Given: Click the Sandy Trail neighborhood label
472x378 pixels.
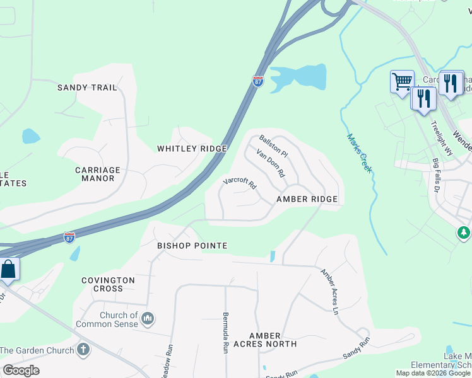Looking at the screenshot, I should point(87,88).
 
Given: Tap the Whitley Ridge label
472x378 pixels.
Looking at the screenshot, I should point(192,148).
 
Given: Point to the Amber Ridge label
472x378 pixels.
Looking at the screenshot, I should point(307,199).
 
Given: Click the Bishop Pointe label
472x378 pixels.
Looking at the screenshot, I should point(192,245).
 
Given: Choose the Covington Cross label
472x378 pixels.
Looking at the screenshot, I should point(108,284).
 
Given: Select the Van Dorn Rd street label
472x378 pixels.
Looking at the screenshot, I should point(271,162).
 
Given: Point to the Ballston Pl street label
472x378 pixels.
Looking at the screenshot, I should point(273,146).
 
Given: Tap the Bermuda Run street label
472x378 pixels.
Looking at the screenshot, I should point(225,332).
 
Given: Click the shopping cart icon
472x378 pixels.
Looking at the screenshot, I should point(402,81).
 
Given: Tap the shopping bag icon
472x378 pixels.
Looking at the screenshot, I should point(9,269).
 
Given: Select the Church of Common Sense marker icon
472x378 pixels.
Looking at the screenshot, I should point(148,318).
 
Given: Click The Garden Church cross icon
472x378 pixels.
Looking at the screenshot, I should point(83,349).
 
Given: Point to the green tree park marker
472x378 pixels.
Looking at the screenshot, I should point(464,233).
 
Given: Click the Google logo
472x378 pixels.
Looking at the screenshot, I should point(21,370).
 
